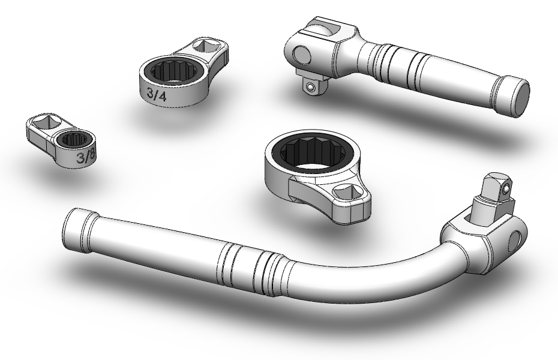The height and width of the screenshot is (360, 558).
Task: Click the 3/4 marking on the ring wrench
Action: pos(157,95)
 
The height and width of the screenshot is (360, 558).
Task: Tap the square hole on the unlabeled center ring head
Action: pos(347,192)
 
